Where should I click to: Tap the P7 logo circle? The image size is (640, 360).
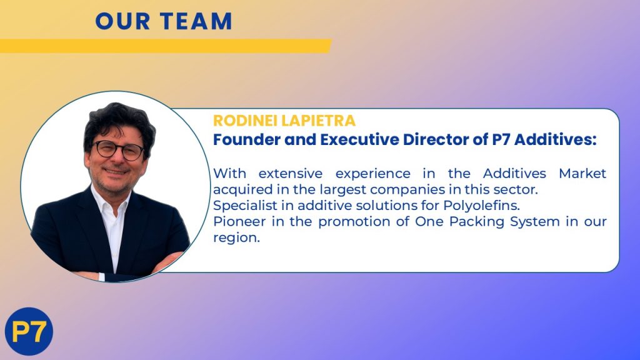click(x=29, y=331)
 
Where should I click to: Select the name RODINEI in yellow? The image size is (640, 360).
click(x=245, y=121)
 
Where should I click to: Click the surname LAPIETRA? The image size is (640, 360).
click(x=318, y=121)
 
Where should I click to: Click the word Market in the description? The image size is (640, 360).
click(x=582, y=174)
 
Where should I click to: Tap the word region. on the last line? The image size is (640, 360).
click(x=236, y=238)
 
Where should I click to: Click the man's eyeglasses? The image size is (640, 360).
click(x=118, y=150)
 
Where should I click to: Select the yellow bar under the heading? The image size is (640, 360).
click(x=165, y=46)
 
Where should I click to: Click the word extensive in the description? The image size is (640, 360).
click(x=290, y=174)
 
